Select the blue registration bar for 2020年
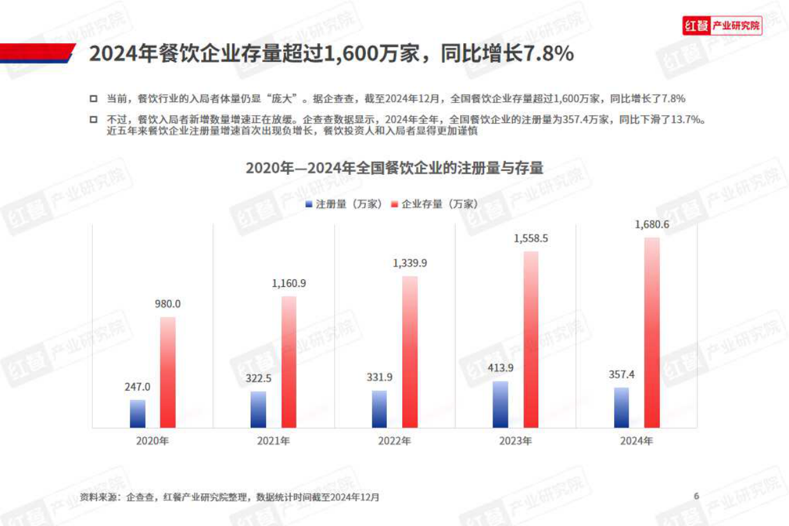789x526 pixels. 137,413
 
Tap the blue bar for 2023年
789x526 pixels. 500,405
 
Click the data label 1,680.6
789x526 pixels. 652,225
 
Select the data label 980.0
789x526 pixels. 167,304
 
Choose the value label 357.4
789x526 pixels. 621,374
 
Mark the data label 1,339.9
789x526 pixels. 410,263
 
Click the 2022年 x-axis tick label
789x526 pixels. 394,440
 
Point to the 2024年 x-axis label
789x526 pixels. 636,440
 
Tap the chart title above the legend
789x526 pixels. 394,169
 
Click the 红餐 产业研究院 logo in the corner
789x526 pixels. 722,26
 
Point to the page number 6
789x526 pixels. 697,496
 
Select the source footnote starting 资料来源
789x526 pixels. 230,497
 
